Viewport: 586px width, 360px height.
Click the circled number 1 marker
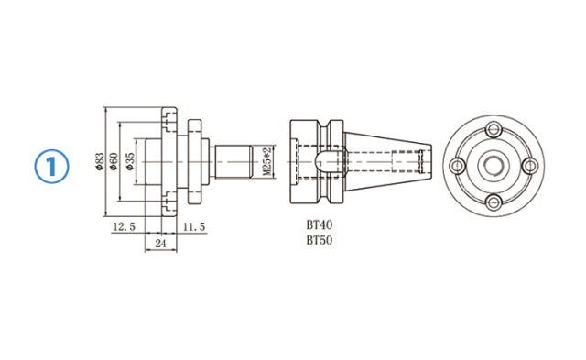(x=52, y=165)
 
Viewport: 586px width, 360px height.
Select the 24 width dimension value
(x=160, y=244)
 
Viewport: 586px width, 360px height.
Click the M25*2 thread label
(x=266, y=163)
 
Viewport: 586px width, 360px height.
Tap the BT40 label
(x=320, y=224)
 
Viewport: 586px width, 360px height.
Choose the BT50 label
(x=320, y=240)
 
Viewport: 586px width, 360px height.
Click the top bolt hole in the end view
(x=493, y=129)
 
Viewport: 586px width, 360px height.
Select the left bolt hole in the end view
(x=457, y=165)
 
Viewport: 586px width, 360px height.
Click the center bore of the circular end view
(x=493, y=165)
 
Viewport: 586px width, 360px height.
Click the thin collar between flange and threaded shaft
(x=193, y=163)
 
